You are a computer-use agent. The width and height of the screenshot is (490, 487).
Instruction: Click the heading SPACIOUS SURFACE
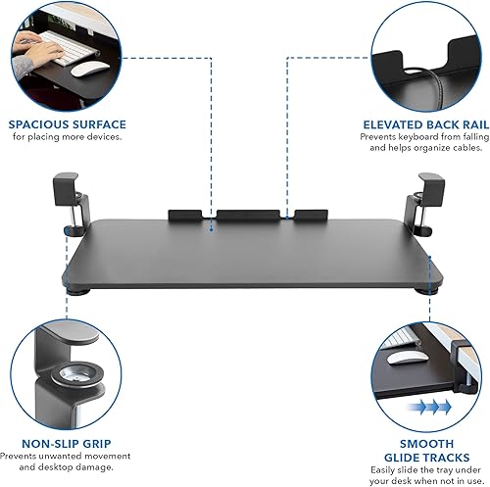(x=69, y=124)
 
